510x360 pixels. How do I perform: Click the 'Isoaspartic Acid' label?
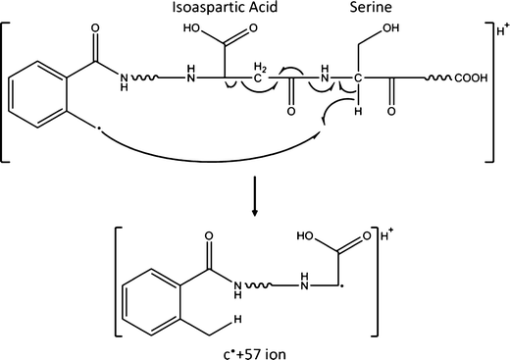point(216,13)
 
